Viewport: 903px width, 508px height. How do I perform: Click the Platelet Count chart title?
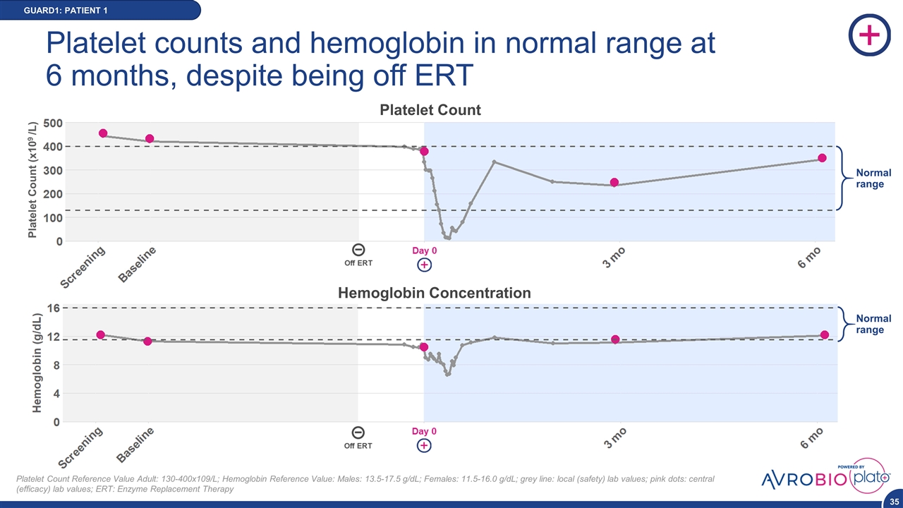click(x=430, y=110)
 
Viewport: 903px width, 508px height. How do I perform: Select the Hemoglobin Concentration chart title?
click(x=435, y=293)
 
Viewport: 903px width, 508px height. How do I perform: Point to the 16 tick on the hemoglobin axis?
click(x=53, y=308)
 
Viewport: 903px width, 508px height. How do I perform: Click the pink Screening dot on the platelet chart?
click(x=103, y=133)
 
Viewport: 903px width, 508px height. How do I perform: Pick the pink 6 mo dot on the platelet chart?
click(x=822, y=158)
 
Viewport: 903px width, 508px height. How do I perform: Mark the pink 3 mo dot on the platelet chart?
click(x=614, y=183)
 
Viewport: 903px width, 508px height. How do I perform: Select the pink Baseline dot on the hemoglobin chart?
click(x=147, y=341)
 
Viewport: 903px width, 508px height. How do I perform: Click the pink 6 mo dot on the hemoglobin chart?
click(x=824, y=334)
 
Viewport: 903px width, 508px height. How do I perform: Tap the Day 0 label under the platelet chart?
click(x=424, y=250)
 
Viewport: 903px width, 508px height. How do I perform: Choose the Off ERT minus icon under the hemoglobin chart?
click(x=358, y=433)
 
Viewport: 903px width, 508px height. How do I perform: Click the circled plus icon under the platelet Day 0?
click(x=424, y=265)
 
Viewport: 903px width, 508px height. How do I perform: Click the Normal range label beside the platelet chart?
click(x=873, y=179)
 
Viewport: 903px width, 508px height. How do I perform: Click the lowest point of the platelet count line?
click(x=447, y=238)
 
